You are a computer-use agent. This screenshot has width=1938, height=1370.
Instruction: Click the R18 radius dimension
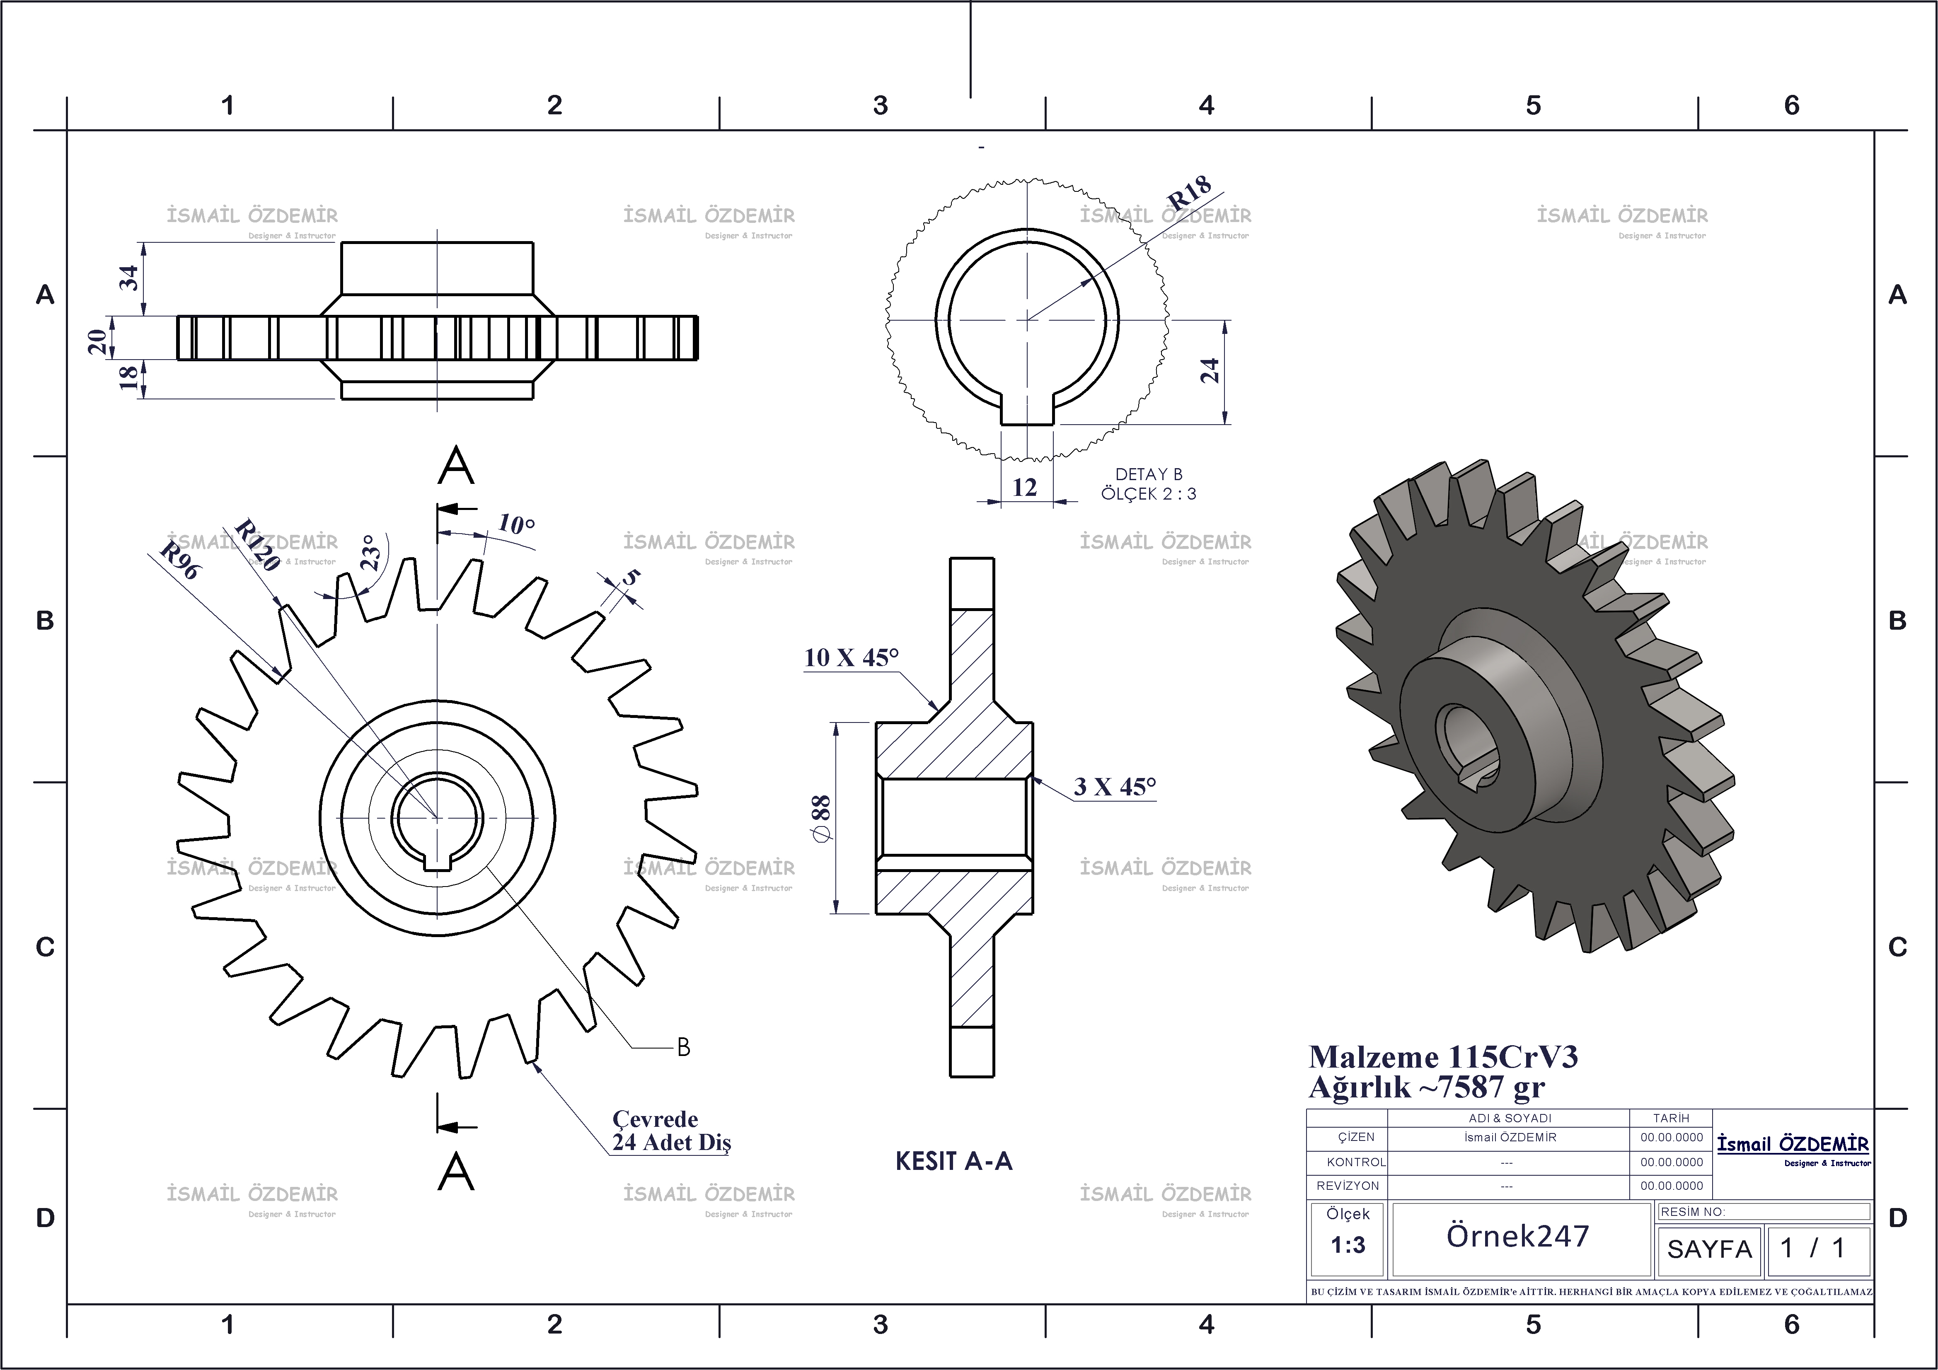(x=1189, y=193)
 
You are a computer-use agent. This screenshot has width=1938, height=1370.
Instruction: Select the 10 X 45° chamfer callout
(x=851, y=657)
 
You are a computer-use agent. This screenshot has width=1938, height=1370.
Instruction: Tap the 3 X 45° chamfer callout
(x=1114, y=787)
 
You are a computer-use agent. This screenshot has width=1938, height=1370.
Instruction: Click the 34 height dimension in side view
(x=128, y=278)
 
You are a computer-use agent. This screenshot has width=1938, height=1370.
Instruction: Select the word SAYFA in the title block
(x=1709, y=1249)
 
